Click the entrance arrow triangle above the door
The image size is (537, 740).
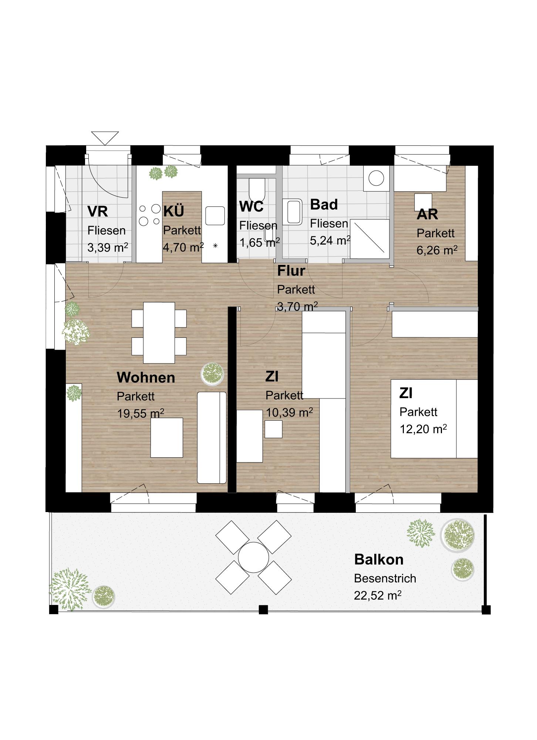(x=105, y=137)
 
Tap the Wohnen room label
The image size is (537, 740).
(x=146, y=377)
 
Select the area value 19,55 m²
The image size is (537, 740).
(x=141, y=413)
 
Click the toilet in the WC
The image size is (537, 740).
(x=257, y=189)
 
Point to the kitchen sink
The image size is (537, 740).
(x=215, y=216)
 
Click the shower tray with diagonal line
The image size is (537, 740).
(x=369, y=239)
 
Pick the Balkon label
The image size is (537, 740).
(x=379, y=559)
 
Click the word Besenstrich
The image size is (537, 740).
(x=385, y=578)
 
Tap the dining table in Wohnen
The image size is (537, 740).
(x=159, y=332)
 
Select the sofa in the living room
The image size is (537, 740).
(x=212, y=437)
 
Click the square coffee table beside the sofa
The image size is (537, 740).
(x=166, y=437)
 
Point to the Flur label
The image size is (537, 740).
(x=291, y=271)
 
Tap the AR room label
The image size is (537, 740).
(x=427, y=214)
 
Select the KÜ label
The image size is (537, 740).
(x=173, y=211)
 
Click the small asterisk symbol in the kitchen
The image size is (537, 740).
(x=215, y=246)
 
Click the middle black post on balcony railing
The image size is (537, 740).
(x=263, y=609)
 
